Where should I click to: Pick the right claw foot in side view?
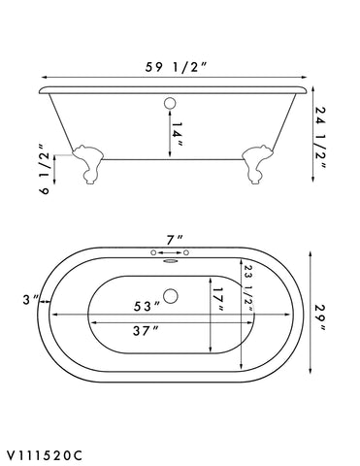click(261, 164)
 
